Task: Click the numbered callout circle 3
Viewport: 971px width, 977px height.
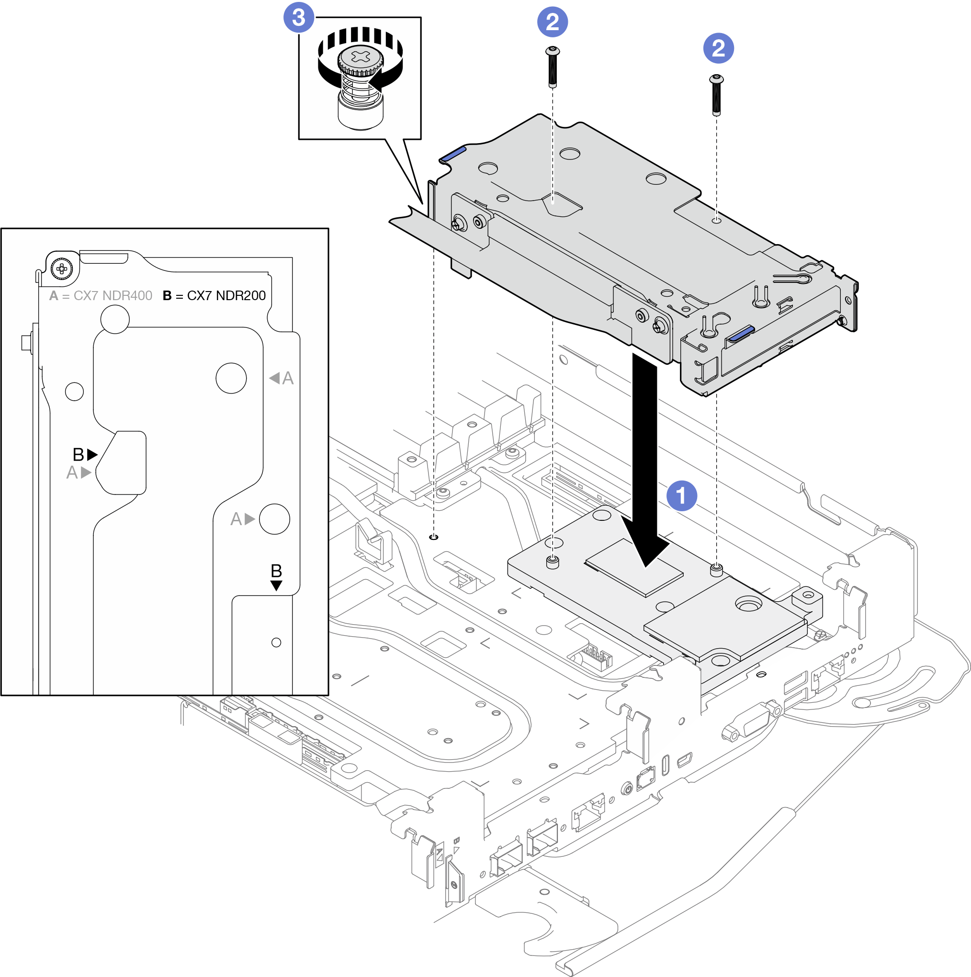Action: click(298, 17)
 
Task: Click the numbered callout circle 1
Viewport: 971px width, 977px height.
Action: click(681, 495)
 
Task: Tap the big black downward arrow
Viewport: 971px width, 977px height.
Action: click(644, 455)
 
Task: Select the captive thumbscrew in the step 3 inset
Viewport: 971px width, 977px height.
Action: click(360, 86)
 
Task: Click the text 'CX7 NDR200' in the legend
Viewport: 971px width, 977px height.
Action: click(226, 296)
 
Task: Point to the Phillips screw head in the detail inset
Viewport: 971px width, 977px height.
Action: click(62, 268)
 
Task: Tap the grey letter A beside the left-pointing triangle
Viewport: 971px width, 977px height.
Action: click(288, 378)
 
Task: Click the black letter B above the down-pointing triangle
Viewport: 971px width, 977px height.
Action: click(276, 571)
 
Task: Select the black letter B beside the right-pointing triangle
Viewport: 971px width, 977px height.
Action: click(79, 455)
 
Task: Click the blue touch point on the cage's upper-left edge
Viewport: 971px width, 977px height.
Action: click(452, 153)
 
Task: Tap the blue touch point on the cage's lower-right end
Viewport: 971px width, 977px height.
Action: click(741, 334)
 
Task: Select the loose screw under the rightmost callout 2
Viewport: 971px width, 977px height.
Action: click(717, 95)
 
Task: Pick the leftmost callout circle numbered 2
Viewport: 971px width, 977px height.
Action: click(552, 22)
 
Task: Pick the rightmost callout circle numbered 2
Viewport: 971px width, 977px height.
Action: click(718, 48)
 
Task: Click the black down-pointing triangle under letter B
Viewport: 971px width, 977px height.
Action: click(276, 585)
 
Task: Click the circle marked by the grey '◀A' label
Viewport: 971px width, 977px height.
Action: click(231, 378)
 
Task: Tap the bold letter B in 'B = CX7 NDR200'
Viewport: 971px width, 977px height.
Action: click(168, 296)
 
